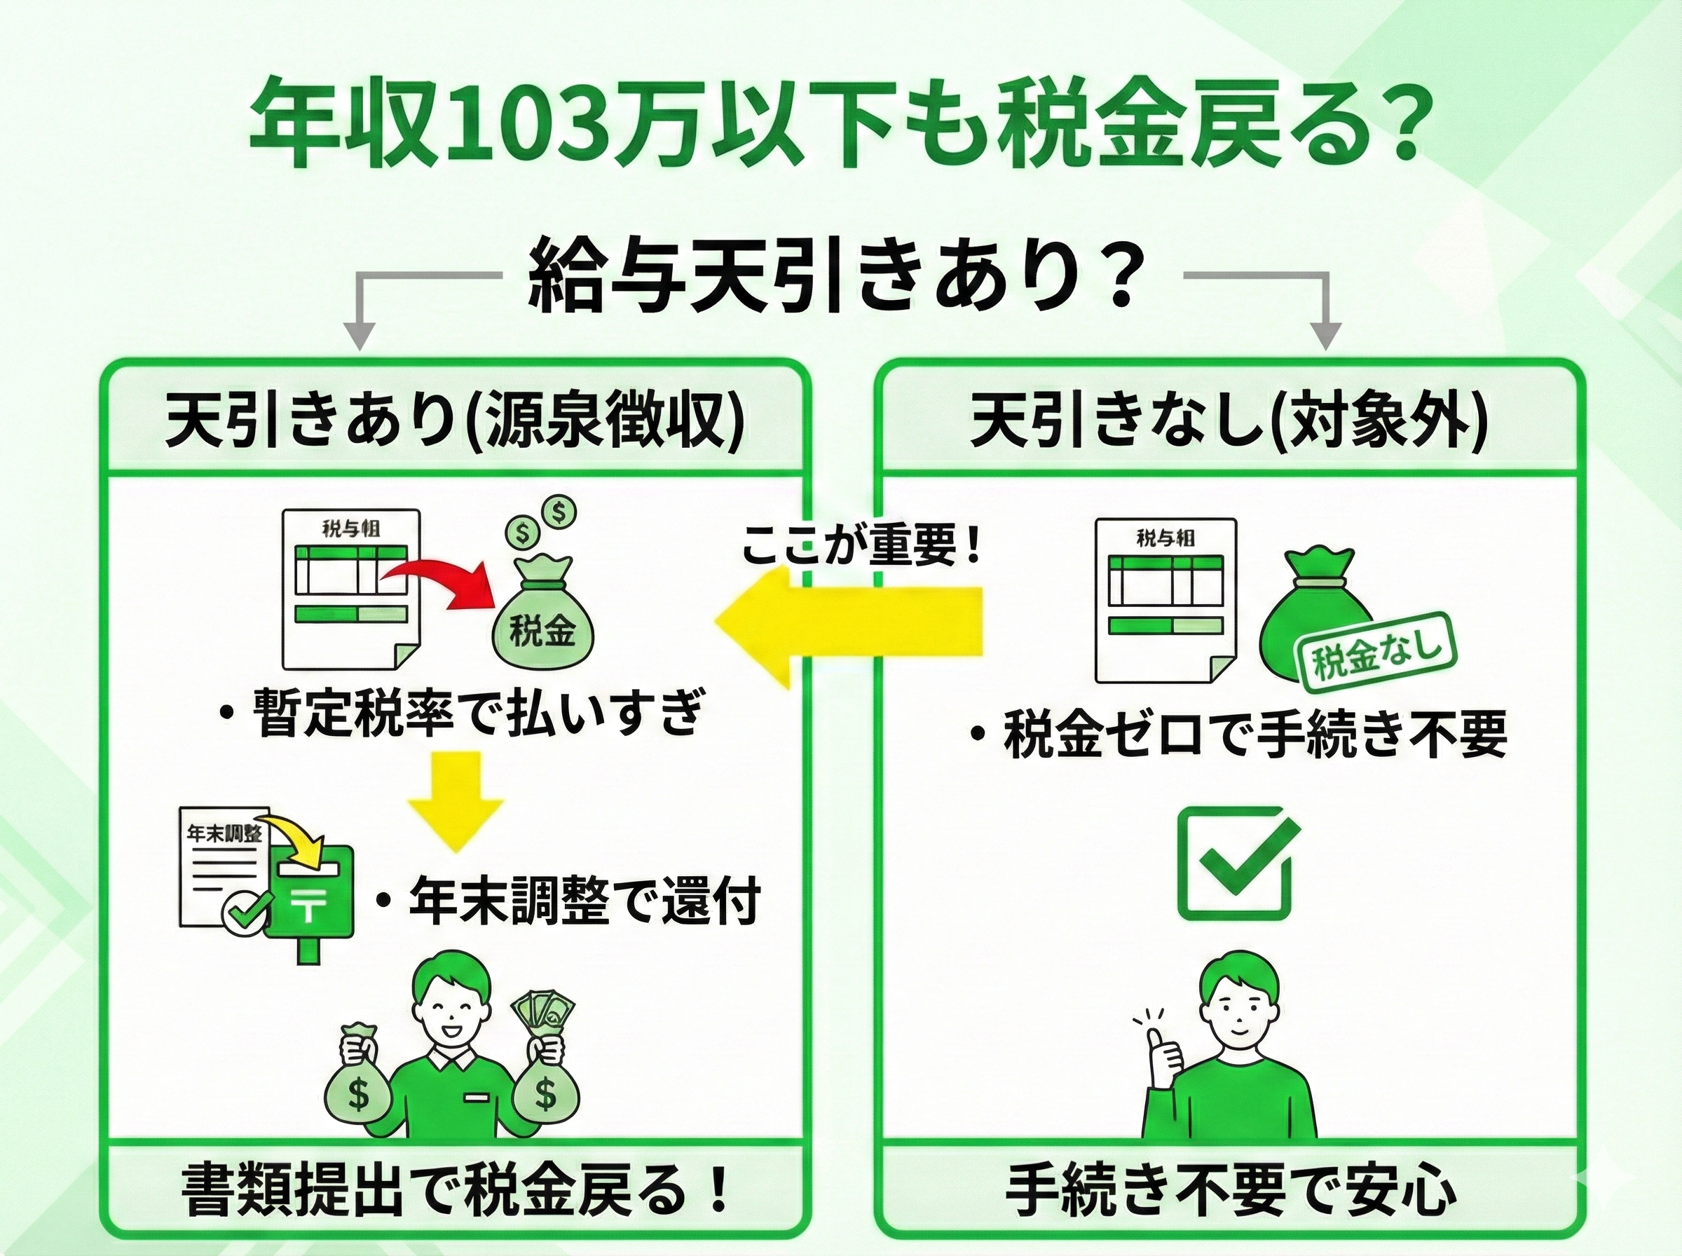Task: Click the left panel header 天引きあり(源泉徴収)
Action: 456,419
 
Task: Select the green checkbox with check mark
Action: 1233,863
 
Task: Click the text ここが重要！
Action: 861,546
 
